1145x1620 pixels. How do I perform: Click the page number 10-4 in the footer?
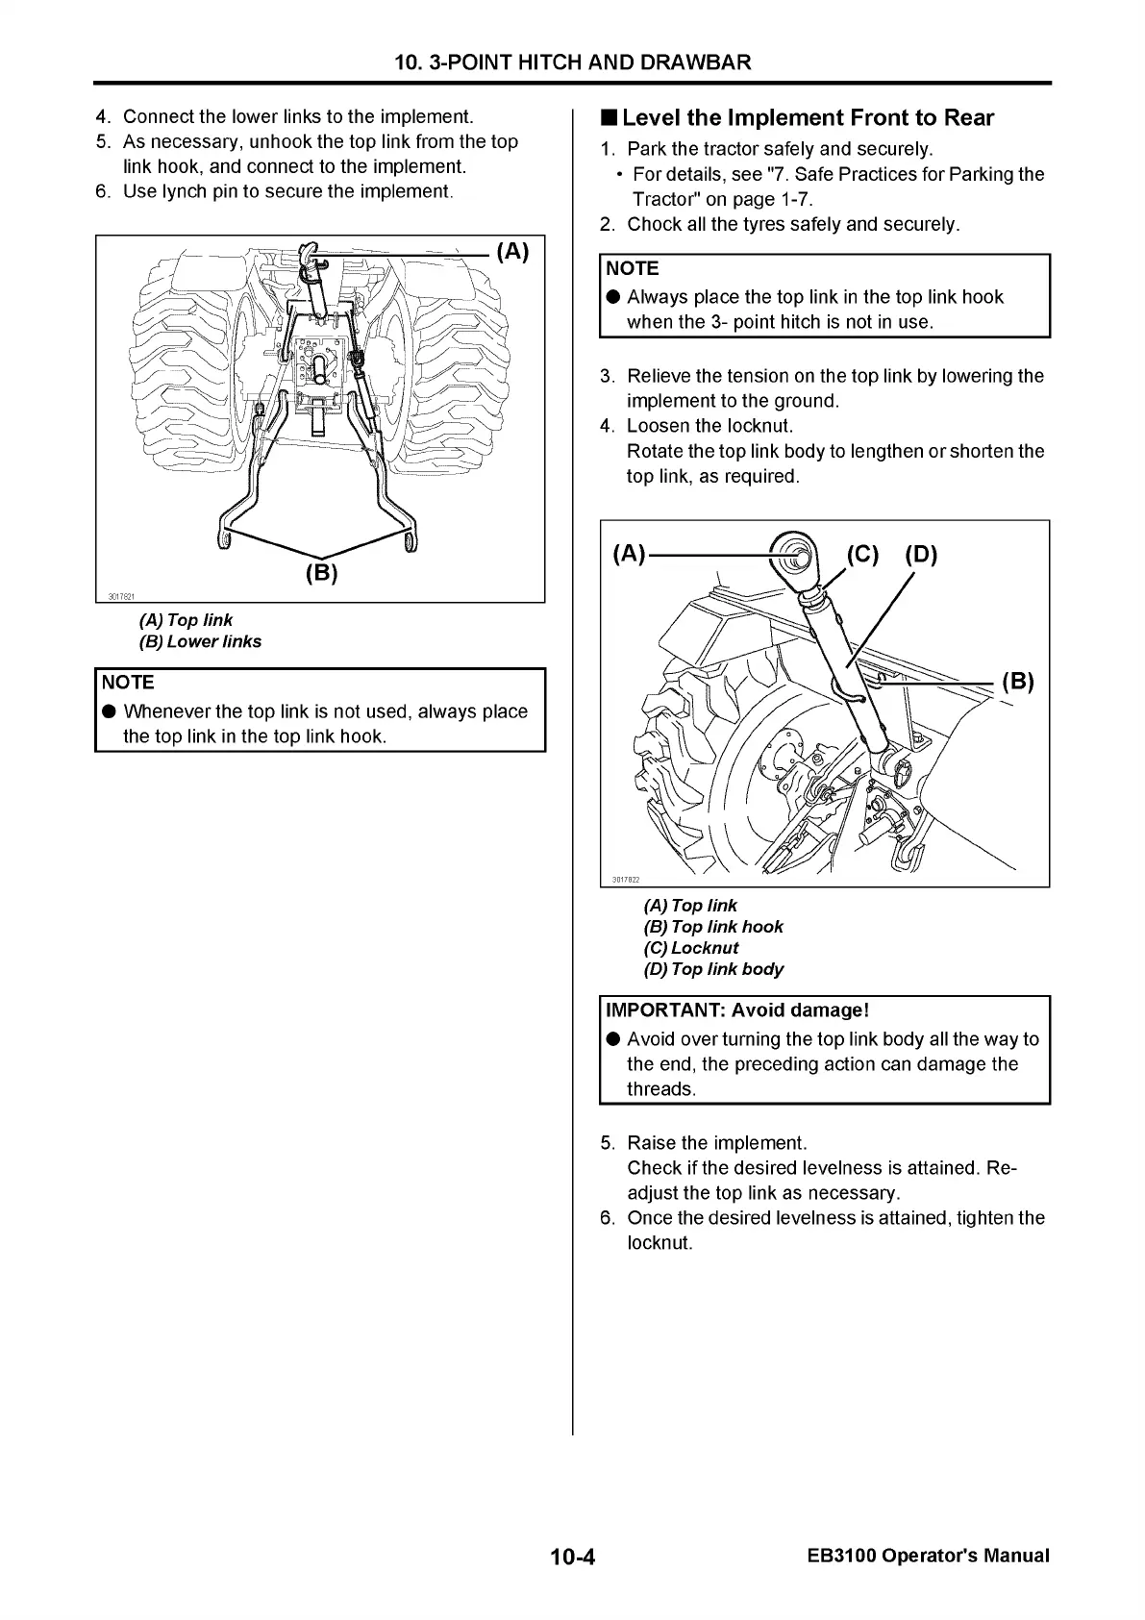click(x=573, y=1556)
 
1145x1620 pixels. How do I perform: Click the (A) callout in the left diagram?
click(x=512, y=252)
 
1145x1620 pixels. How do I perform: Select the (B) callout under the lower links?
click(x=321, y=574)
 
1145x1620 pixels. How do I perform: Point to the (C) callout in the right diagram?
click(x=862, y=555)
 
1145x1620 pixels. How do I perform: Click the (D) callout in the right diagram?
click(x=920, y=555)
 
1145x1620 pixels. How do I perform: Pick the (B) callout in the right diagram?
click(x=1017, y=682)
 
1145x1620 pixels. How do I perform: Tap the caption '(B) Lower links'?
click(x=200, y=641)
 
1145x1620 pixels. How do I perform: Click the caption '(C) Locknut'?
click(x=691, y=948)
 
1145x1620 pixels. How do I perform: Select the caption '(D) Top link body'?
click(x=713, y=969)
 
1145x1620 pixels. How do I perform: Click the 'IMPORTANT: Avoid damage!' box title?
click(x=737, y=1010)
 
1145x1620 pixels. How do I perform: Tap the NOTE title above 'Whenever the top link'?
click(x=128, y=683)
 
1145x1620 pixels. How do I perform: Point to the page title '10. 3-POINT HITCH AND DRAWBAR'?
click(x=573, y=63)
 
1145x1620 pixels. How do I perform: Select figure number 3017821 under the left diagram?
click(x=120, y=597)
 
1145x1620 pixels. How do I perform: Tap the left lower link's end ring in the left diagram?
click(x=225, y=544)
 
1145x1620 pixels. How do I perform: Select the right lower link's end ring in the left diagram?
click(x=409, y=545)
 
